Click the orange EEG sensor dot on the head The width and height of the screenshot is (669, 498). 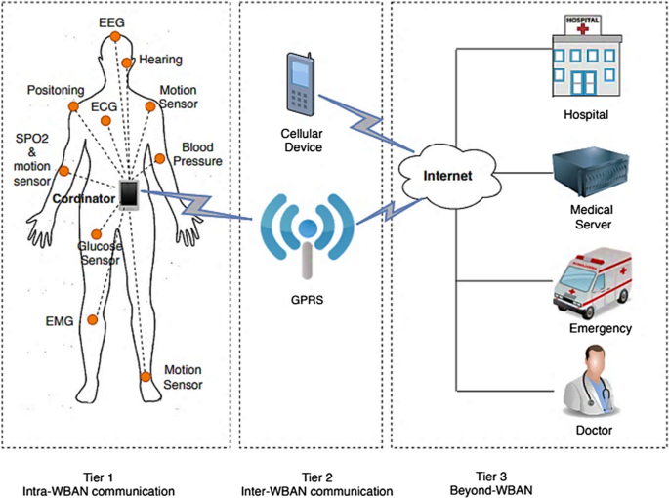[114, 36]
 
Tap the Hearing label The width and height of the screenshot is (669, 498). [160, 60]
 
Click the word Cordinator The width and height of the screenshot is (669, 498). [81, 197]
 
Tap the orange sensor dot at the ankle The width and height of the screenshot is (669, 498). [146, 376]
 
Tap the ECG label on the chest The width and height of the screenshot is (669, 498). [104, 105]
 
